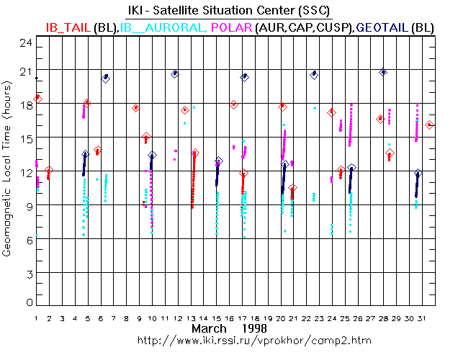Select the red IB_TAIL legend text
coord(68,27)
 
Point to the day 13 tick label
coord(192,318)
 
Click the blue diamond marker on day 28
coord(383,72)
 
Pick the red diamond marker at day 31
coord(430,125)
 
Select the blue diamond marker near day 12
coord(175,73)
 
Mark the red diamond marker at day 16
coord(233,104)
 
